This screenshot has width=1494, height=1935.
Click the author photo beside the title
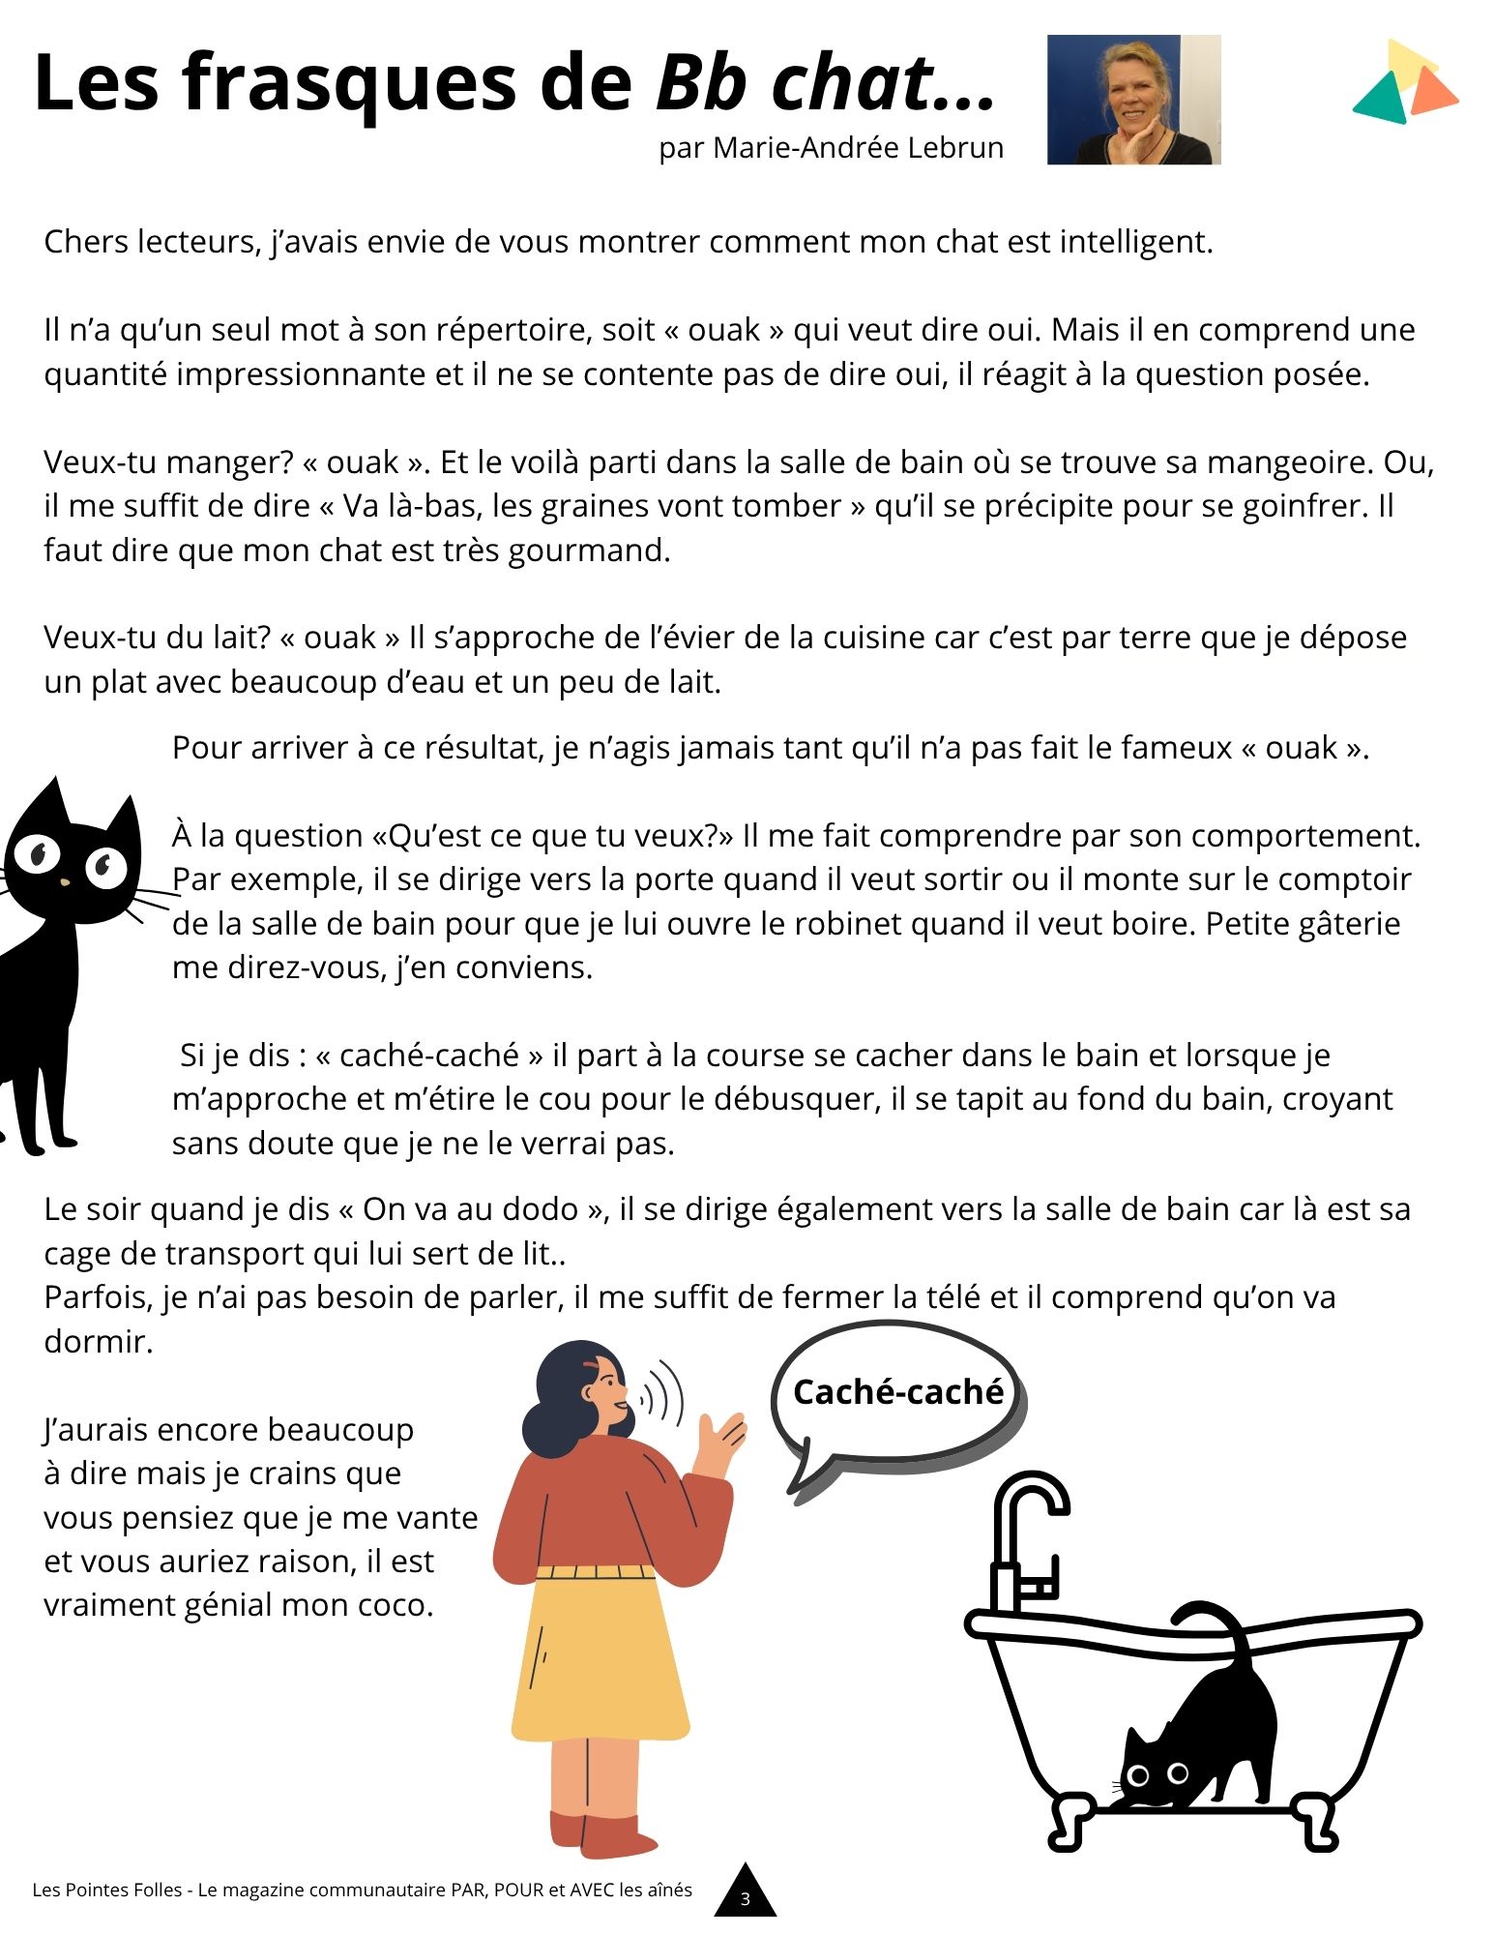click(x=1133, y=100)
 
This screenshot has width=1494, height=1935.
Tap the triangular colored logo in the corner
click(x=1403, y=84)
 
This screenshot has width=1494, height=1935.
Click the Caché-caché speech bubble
click(x=897, y=1393)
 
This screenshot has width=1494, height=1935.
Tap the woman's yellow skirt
click(x=600, y=1654)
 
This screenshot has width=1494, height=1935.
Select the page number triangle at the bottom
click(x=745, y=1893)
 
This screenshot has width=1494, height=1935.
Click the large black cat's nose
click(x=65, y=882)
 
